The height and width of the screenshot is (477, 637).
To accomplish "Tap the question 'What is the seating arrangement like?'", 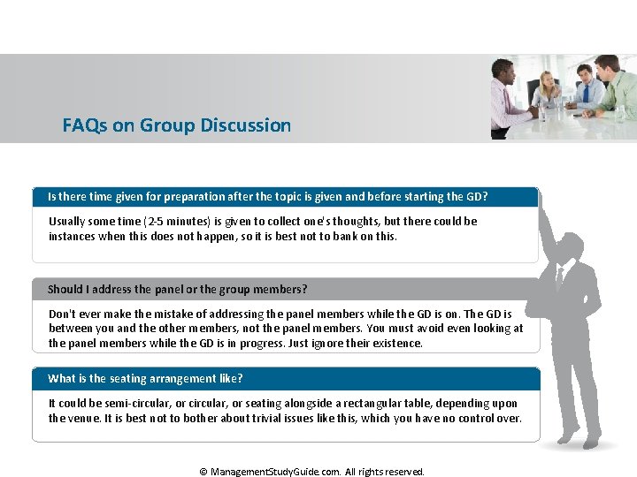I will (x=145, y=379).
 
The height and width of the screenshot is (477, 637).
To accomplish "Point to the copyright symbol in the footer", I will (x=203, y=472).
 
